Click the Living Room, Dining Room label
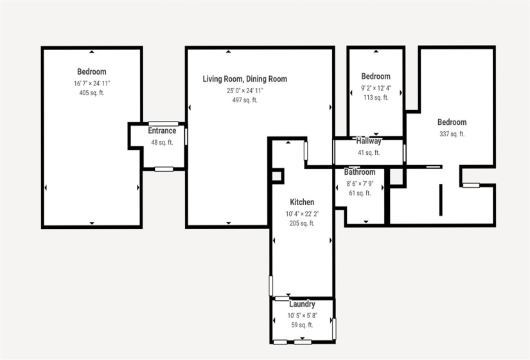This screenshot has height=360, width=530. (x=245, y=79)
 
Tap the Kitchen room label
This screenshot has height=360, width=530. (x=302, y=202)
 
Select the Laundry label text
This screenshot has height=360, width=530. (x=302, y=304)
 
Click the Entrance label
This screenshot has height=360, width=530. (x=162, y=131)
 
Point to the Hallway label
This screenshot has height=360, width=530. (x=369, y=141)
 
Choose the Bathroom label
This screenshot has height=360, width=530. (x=360, y=172)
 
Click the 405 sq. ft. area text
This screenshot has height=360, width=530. (x=92, y=93)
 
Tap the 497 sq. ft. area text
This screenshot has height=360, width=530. (x=245, y=100)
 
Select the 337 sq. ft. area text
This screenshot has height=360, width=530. (x=452, y=134)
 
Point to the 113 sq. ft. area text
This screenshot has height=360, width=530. (x=376, y=98)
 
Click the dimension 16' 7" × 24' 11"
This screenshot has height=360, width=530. (x=92, y=83)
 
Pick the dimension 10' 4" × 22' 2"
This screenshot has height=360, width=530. (x=302, y=213)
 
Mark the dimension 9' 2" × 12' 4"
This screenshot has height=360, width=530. (x=376, y=87)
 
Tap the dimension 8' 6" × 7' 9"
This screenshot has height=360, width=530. (x=360, y=183)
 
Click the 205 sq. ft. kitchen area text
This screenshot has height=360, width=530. (x=302, y=224)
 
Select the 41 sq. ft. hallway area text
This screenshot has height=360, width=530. (x=369, y=153)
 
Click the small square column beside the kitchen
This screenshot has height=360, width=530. (x=277, y=175)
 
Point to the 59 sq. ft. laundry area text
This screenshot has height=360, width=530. (x=302, y=325)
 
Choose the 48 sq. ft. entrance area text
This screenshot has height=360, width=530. (x=162, y=142)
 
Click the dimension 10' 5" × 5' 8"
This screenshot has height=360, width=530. (x=302, y=315)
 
